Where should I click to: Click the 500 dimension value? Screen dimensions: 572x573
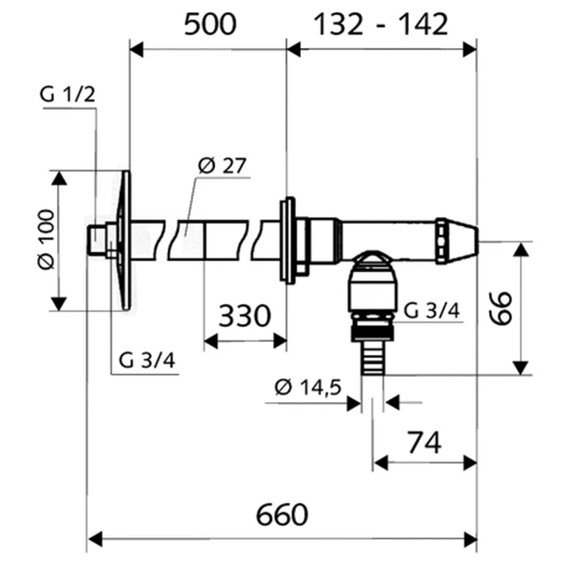[x=210, y=24]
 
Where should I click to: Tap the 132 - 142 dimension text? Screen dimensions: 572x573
[x=380, y=24]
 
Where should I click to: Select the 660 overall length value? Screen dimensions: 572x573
[x=282, y=514]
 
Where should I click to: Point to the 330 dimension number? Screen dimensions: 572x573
[x=245, y=315]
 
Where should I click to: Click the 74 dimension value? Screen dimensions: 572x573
[x=424, y=443]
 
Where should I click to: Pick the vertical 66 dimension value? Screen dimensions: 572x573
[x=500, y=308]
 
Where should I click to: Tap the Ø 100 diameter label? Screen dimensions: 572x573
[x=46, y=240]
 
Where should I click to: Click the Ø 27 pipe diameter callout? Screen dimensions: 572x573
[x=222, y=165]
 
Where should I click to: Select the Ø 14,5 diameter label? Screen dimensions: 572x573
[x=308, y=388]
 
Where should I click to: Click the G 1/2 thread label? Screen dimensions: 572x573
[x=68, y=94]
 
